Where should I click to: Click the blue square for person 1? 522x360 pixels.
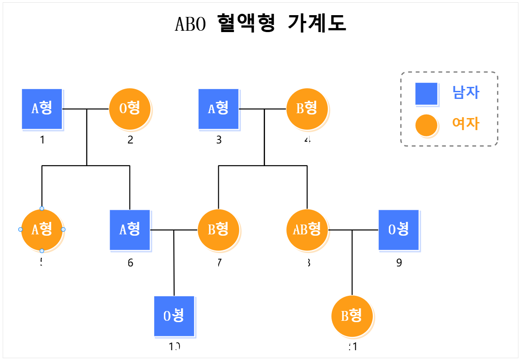[x=42, y=109]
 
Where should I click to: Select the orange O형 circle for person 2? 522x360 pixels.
[x=130, y=109]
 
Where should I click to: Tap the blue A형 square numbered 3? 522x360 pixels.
[x=218, y=109]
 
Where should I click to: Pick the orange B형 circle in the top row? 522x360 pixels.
[x=307, y=109]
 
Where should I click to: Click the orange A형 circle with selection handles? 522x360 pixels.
[x=42, y=229]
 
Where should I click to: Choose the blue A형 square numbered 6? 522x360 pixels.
[x=130, y=229]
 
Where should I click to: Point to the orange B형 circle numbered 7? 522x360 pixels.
[x=218, y=229]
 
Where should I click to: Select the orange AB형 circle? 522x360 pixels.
[x=307, y=229]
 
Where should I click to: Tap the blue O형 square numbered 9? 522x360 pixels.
[x=399, y=229]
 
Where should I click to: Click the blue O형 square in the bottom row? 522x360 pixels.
[x=174, y=315]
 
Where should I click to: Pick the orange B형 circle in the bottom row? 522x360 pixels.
[x=352, y=315]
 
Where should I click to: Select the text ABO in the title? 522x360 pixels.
[x=190, y=24]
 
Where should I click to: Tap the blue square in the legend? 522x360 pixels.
[x=426, y=94]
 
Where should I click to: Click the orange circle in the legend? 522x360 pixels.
[x=426, y=125]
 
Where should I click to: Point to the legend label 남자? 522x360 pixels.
[x=466, y=93]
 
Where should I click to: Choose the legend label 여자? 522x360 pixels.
[x=466, y=123]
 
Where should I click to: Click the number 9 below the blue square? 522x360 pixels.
[x=399, y=263]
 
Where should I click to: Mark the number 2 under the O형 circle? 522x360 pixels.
[x=130, y=140]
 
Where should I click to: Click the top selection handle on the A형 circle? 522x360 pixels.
[x=42, y=209]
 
